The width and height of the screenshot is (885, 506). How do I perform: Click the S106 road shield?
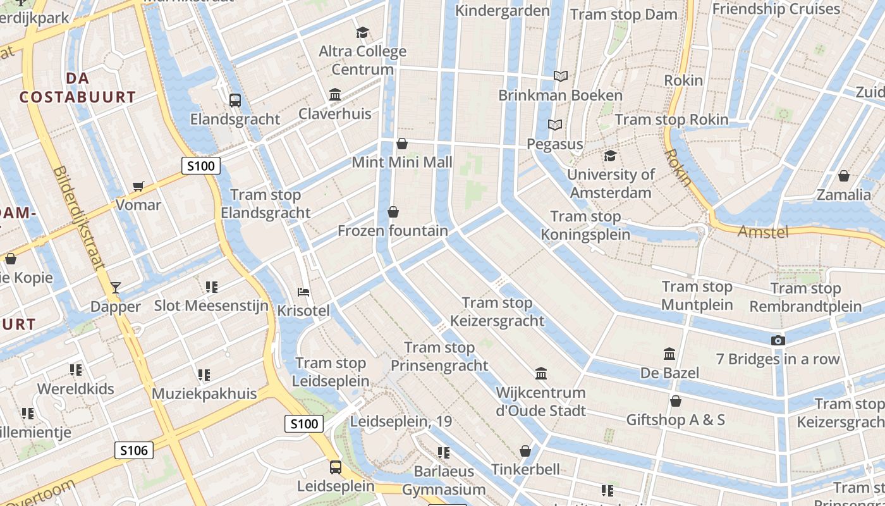[x=134, y=450]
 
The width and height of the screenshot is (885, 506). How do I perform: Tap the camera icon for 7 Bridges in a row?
[x=778, y=340]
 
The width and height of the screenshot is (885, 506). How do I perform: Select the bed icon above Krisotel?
[x=303, y=292]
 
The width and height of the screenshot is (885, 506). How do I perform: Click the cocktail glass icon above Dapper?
[x=115, y=288]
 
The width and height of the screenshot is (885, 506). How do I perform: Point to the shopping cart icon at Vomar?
[x=138, y=186]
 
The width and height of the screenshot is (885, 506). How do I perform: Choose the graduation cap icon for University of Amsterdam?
[x=610, y=156]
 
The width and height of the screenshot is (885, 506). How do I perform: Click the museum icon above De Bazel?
[x=669, y=354]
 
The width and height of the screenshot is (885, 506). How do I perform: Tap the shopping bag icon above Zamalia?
[x=843, y=176]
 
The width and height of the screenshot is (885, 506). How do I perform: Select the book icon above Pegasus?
[x=555, y=125]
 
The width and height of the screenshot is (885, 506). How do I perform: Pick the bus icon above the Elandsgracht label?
[x=235, y=100]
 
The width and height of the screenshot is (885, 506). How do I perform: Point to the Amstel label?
[x=763, y=232]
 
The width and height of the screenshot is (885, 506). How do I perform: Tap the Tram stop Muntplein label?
[x=697, y=296]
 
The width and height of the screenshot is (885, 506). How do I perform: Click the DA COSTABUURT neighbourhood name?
[x=78, y=88]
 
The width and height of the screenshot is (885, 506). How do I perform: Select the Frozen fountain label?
[x=393, y=231]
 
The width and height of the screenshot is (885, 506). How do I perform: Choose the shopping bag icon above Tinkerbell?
[x=525, y=451]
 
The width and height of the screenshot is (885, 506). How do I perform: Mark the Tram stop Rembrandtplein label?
[x=805, y=298]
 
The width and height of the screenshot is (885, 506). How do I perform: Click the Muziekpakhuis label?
[x=204, y=393]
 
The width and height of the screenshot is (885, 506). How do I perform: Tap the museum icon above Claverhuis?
[x=335, y=95]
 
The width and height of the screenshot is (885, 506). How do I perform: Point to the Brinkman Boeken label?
[x=561, y=96]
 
